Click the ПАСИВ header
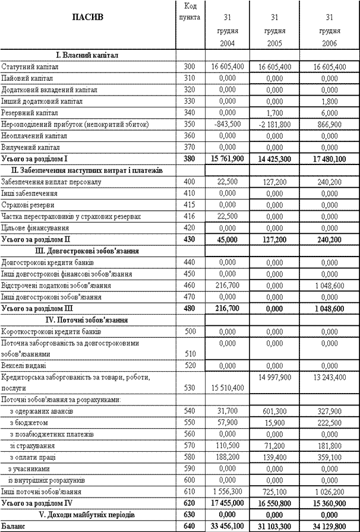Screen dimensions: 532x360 [87, 17]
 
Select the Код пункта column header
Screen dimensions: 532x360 [190, 11]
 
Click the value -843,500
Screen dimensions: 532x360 [227, 124]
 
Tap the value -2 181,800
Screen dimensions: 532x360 [274, 124]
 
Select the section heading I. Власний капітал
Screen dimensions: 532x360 [87, 55]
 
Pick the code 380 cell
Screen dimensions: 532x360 [190, 159]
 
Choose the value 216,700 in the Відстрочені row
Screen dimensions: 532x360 [227, 285]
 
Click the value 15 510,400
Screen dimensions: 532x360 [227, 388]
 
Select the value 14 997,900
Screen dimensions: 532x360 [274, 377]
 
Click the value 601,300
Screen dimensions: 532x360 [274, 411]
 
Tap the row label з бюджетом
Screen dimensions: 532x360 [29, 423]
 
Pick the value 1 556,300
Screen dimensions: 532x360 [227, 492]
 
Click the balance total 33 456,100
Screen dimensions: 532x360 [227, 526]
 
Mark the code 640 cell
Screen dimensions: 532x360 [190, 526]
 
